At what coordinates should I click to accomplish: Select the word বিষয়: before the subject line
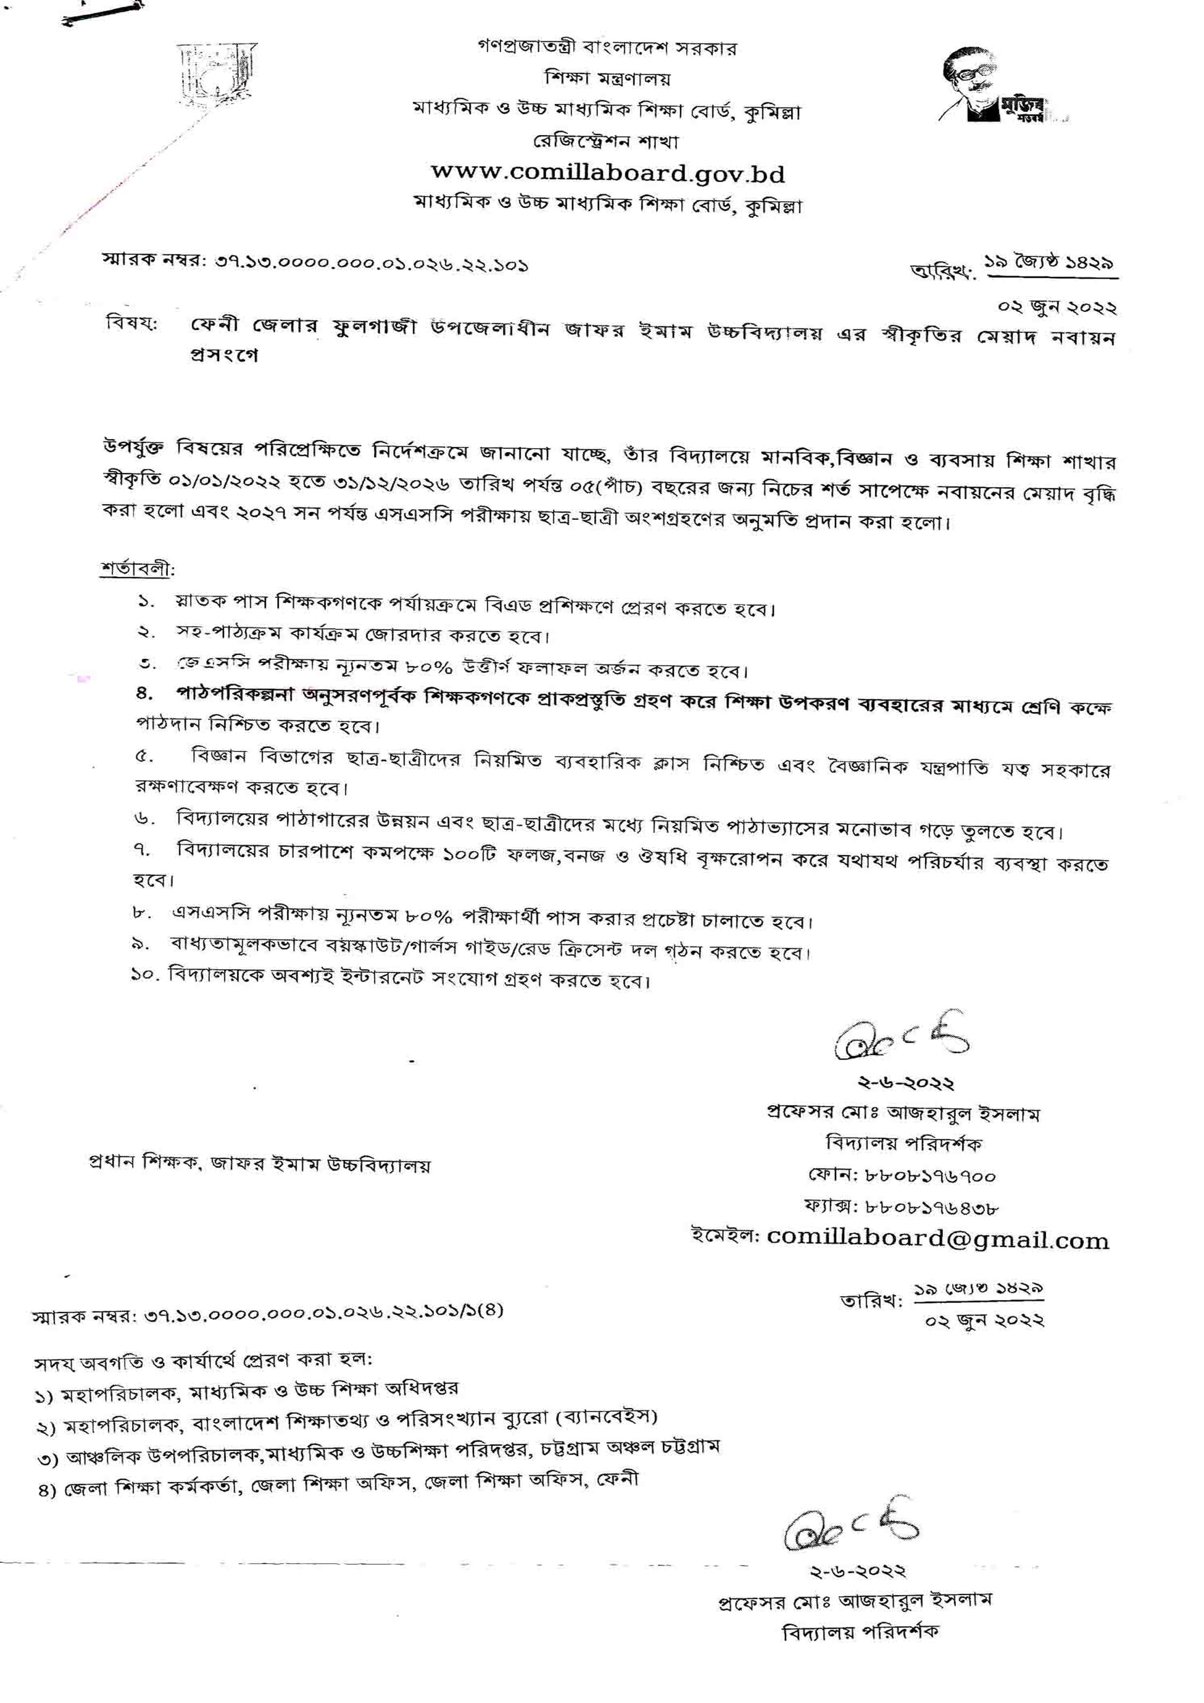(x=132, y=326)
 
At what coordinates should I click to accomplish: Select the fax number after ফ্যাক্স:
(x=932, y=1207)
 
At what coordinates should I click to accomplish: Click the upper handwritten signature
(x=902, y=1038)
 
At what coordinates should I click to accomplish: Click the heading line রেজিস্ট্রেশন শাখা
(x=606, y=141)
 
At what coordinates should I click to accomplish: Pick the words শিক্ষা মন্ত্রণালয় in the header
(x=607, y=78)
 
